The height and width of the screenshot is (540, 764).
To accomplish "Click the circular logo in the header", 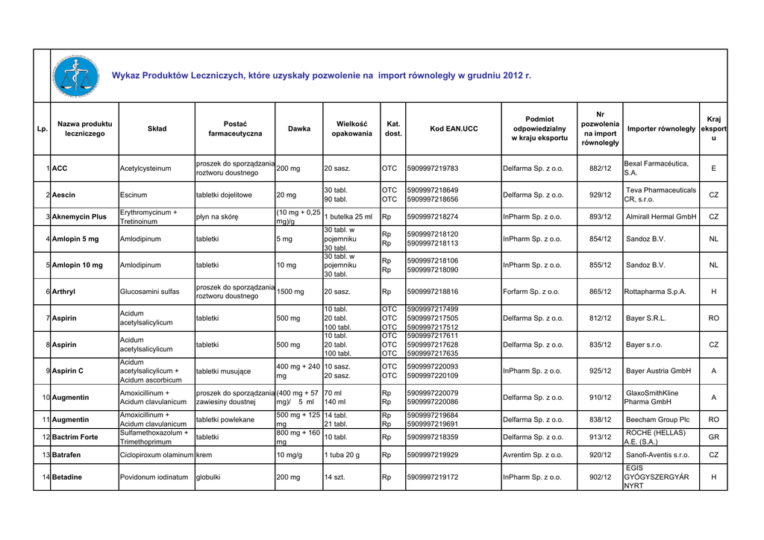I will pyautogui.click(x=76, y=76).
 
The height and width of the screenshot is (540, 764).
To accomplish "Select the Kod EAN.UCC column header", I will pyautogui.click(x=454, y=129).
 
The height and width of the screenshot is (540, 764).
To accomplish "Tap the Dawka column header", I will pyautogui.click(x=299, y=129).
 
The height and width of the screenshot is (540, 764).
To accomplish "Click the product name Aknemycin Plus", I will pyautogui.click(x=79, y=217).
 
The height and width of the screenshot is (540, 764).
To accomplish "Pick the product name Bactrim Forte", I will pyautogui.click(x=75, y=437).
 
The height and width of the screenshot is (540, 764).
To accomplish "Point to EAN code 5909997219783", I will pyautogui.click(x=433, y=169).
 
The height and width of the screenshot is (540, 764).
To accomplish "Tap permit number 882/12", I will pyautogui.click(x=601, y=169).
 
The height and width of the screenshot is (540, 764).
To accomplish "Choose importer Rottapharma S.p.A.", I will pyautogui.click(x=656, y=292).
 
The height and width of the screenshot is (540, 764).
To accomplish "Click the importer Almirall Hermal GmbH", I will pyautogui.click(x=660, y=217).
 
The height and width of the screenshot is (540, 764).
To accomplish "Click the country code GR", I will pyautogui.click(x=713, y=437).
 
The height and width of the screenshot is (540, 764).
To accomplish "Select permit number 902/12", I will pyautogui.click(x=601, y=477).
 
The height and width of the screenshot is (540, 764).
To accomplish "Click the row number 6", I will pyautogui.click(x=48, y=292).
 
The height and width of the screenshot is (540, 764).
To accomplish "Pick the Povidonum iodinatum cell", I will pyautogui.click(x=154, y=477).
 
